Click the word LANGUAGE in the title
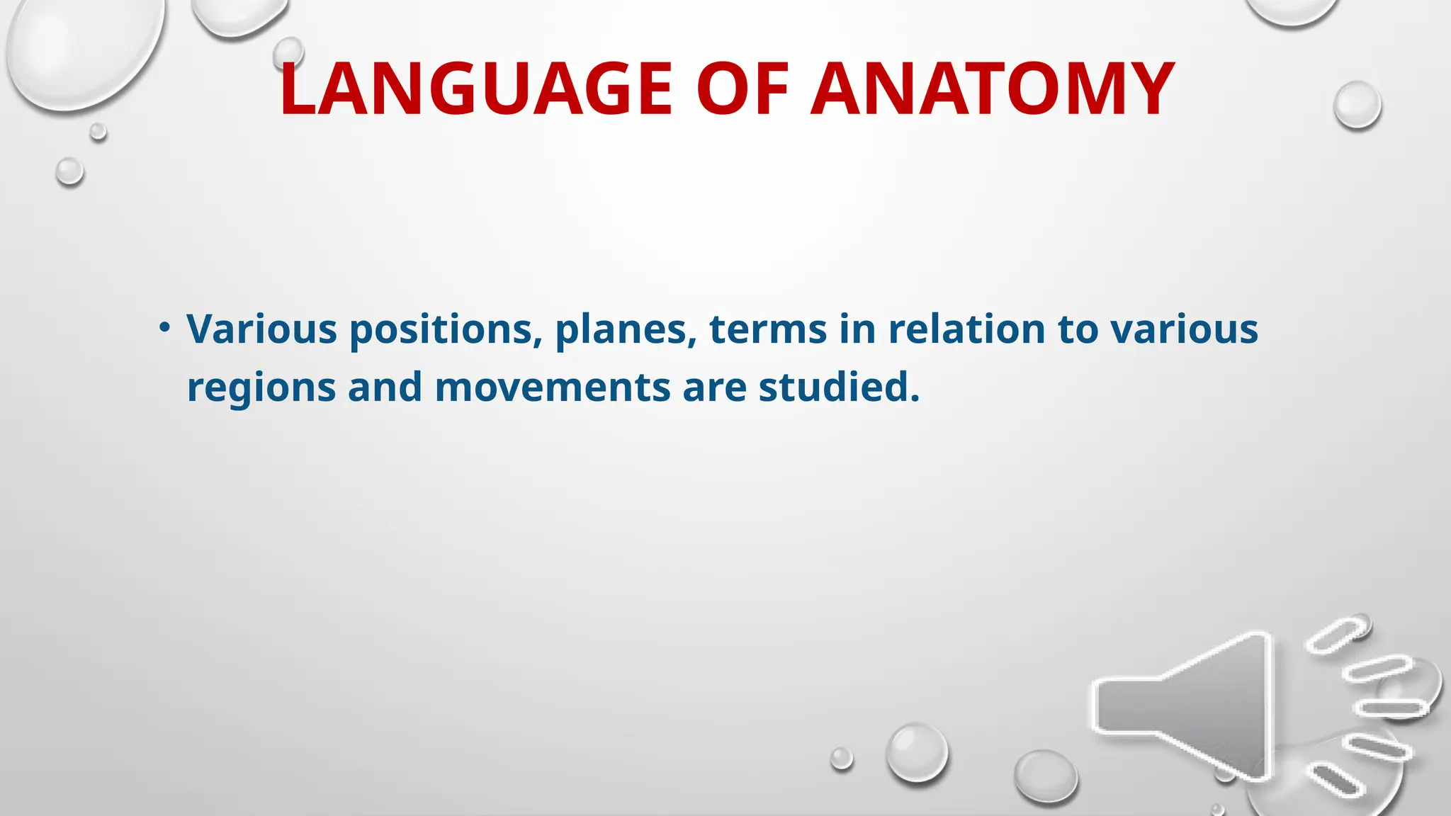tap(475, 90)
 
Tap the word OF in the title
tap(742, 90)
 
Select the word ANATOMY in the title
tap(993, 90)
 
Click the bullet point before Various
tap(164, 327)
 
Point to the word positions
tap(442, 330)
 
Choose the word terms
tap(768, 330)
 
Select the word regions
tap(261, 389)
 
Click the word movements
tap(553, 388)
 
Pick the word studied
tap(839, 388)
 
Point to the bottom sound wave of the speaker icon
tap(1335, 780)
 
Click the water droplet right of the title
tap(1357, 105)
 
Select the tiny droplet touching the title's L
tap(288, 52)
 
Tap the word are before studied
tap(714, 388)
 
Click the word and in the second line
tap(385, 388)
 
